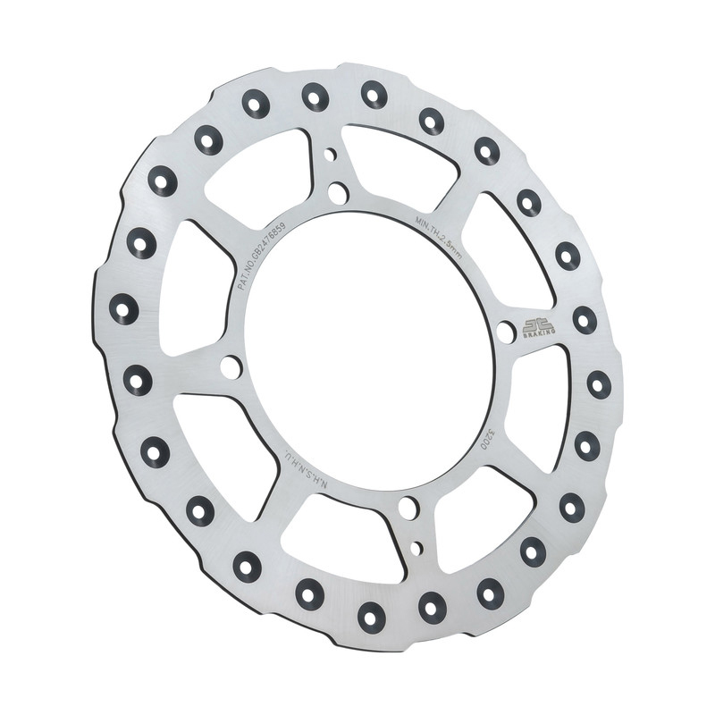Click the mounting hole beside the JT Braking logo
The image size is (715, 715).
[506, 332]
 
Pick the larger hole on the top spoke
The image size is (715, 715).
[337, 192]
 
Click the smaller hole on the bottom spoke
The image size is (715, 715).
[416, 546]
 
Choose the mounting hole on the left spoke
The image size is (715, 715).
[230, 366]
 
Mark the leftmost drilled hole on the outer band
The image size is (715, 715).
[124, 309]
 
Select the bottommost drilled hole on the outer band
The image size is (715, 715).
[371, 615]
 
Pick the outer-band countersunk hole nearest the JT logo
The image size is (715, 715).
[585, 319]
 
